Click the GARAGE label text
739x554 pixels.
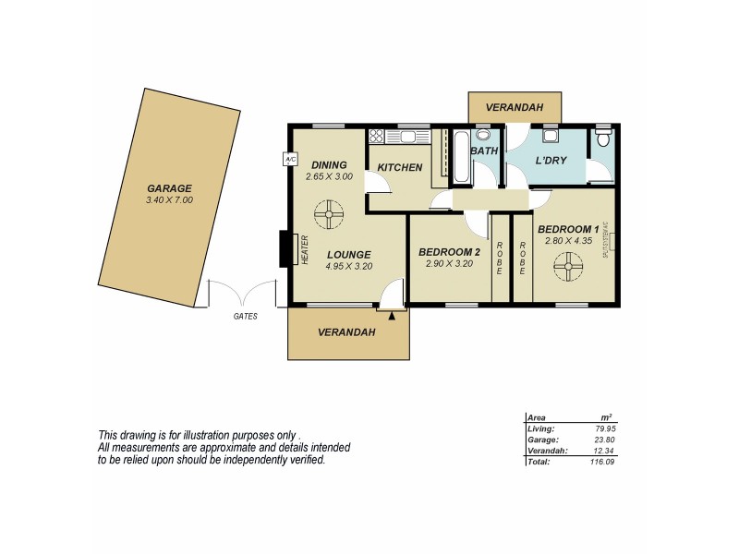point(169,188)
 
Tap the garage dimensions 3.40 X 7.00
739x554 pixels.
point(169,200)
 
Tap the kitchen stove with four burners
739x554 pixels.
point(376,137)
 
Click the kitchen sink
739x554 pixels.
point(407,137)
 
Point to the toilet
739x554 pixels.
point(603,139)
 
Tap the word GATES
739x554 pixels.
point(246,316)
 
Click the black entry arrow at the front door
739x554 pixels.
point(392,316)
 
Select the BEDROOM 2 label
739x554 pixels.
point(449,252)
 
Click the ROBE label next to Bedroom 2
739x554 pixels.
point(500,259)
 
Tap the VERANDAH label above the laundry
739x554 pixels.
point(515,108)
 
